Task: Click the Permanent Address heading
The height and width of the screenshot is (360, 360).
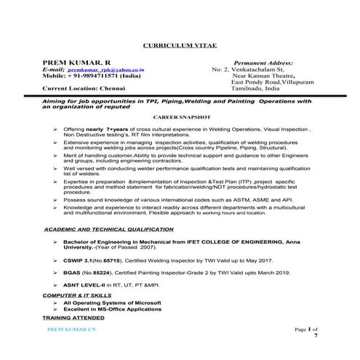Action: tap(265, 64)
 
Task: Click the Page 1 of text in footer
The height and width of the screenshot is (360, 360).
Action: tap(300, 329)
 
